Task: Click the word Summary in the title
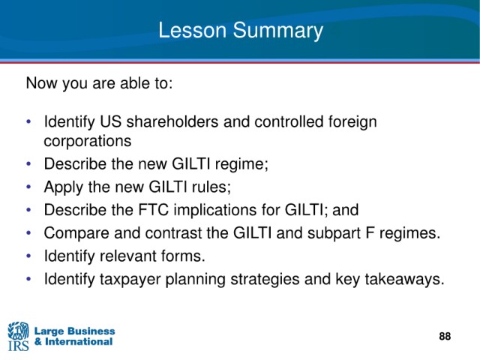pyautogui.click(x=277, y=31)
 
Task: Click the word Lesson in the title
pyautogui.click(x=192, y=30)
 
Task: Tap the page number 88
pyautogui.click(x=445, y=336)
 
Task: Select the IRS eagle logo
pyautogui.click(x=18, y=336)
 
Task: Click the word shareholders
pyautogui.click(x=172, y=121)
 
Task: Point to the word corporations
pyautogui.click(x=88, y=141)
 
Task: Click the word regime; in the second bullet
pyautogui.click(x=241, y=164)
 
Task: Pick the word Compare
pyautogui.click(x=76, y=233)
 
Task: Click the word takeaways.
pyautogui.click(x=405, y=279)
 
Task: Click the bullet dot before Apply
pyautogui.click(x=28, y=187)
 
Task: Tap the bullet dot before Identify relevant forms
pyautogui.click(x=28, y=256)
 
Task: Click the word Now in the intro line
pyautogui.click(x=42, y=83)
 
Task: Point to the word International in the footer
pyautogui.click(x=79, y=342)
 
